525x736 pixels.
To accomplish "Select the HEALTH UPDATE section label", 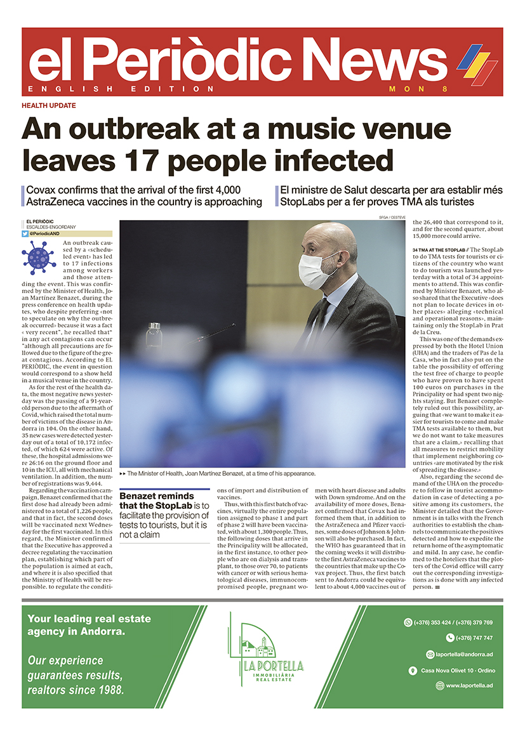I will tap(49, 105).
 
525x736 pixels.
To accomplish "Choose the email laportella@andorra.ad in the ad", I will tap(461, 654).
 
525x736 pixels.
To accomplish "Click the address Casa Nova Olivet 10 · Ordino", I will tap(458, 670).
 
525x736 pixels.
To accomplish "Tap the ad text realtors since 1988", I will tap(76, 690).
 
